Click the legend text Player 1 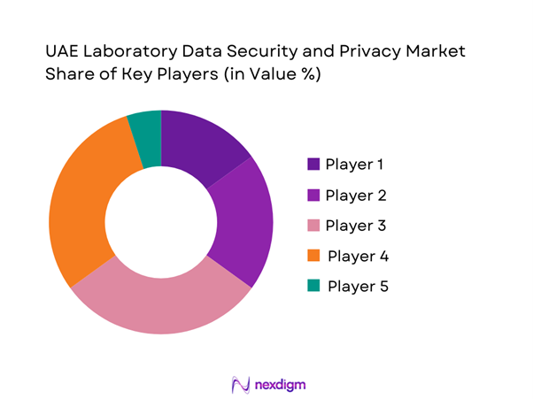(x=355, y=165)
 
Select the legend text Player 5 (x=358, y=287)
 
